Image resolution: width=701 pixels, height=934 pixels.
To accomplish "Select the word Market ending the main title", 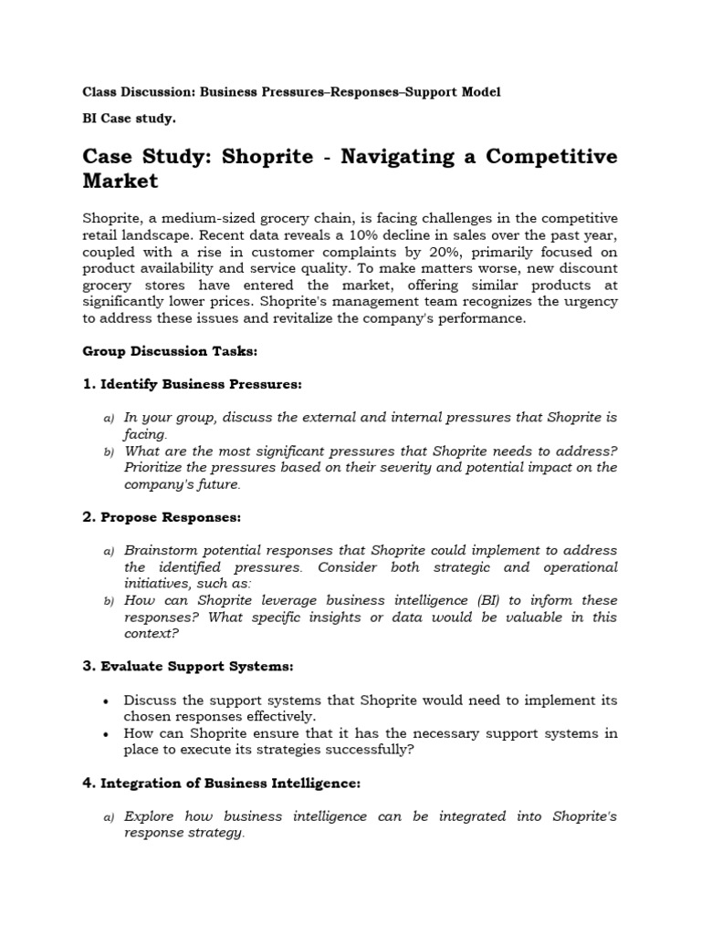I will (x=120, y=181).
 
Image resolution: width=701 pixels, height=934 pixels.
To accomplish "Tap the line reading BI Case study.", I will (x=129, y=119).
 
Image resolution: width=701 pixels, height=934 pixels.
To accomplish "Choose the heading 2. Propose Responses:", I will (x=162, y=517).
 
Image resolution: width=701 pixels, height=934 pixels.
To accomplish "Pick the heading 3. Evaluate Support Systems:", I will (x=188, y=667).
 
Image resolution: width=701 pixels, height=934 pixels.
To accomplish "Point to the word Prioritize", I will (x=162, y=468).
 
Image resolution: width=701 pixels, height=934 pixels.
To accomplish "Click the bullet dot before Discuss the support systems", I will (x=108, y=701).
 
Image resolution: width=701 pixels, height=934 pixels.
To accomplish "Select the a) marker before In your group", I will (x=108, y=419).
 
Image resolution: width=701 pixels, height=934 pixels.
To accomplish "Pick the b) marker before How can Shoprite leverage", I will (x=108, y=601).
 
